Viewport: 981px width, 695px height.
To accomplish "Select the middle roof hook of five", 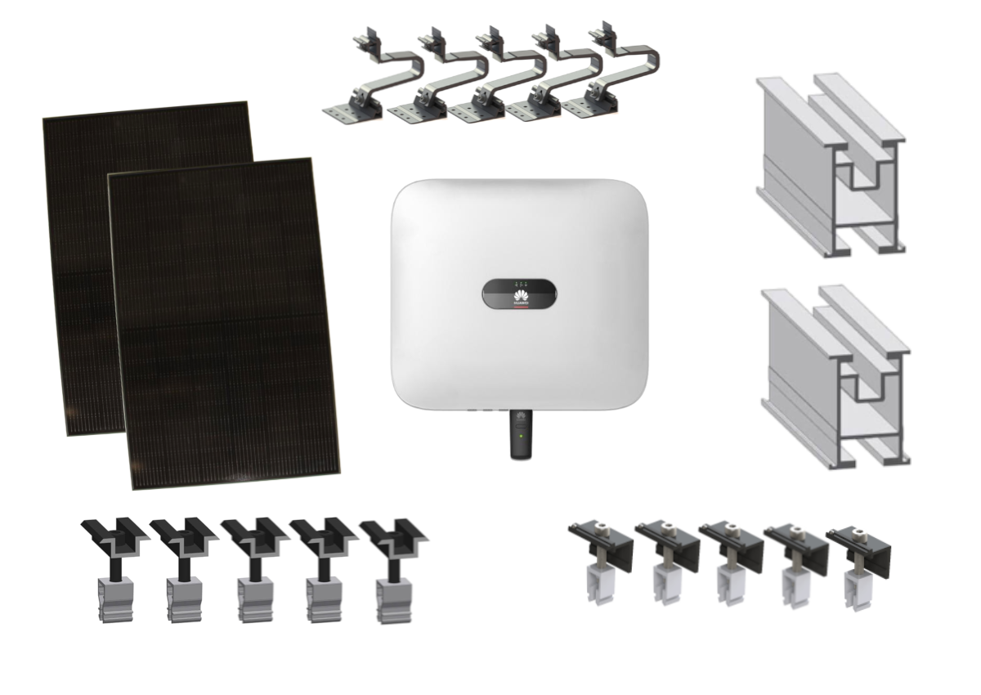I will (x=499, y=78).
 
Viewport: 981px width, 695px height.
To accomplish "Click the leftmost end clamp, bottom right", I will (x=601, y=556).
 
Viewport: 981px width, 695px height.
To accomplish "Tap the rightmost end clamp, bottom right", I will (x=858, y=556).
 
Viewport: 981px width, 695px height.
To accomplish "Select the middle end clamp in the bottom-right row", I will (x=729, y=556).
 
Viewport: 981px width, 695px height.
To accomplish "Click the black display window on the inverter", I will (x=520, y=294).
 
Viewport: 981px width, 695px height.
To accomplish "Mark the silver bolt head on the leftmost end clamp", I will (x=602, y=527).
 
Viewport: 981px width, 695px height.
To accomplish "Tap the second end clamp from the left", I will (x=665, y=556).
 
